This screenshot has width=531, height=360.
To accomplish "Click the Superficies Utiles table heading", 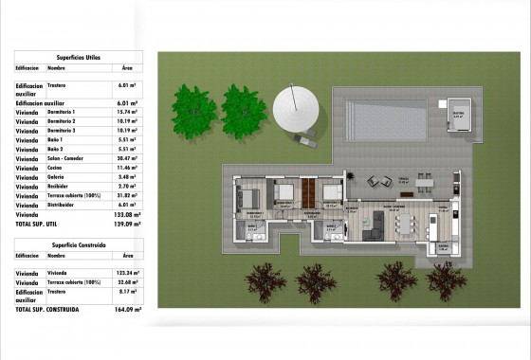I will click(x=79, y=56).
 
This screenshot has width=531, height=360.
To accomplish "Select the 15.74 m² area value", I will click(x=132, y=112).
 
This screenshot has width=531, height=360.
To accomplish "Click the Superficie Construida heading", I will click(x=78, y=244).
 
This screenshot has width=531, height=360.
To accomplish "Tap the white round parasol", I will click(x=297, y=111).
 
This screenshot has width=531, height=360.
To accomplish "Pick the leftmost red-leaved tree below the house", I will click(x=266, y=279).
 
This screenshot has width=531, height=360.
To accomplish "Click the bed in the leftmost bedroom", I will click(x=251, y=199).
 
